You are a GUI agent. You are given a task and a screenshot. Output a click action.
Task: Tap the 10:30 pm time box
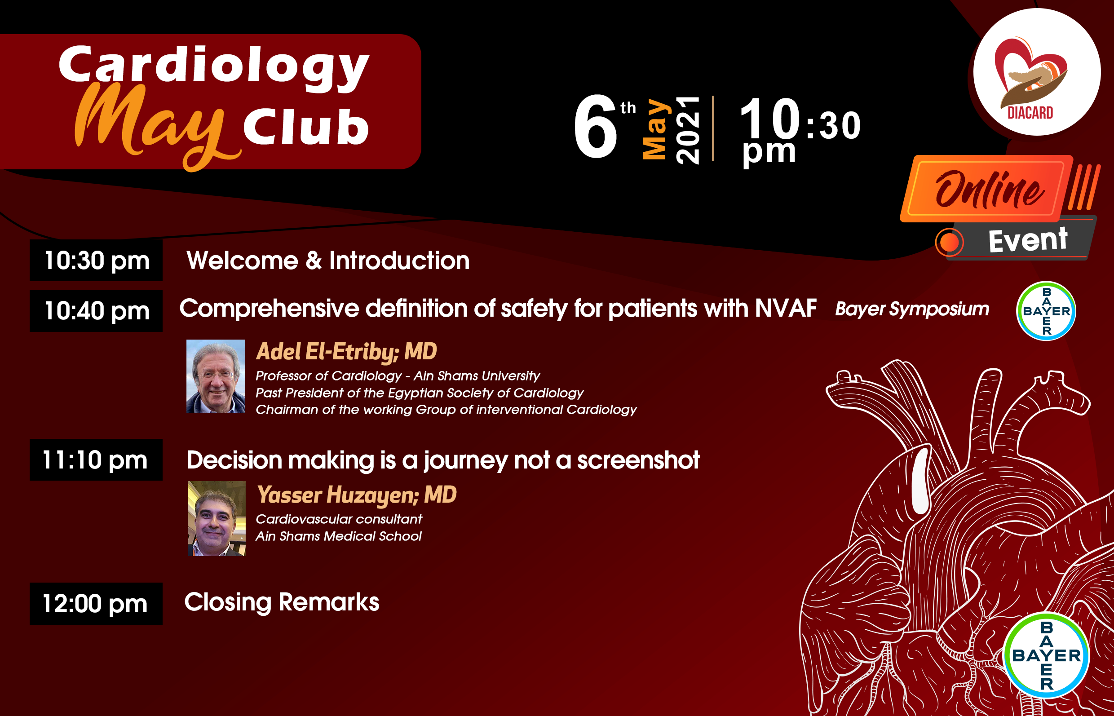pyautogui.click(x=96, y=261)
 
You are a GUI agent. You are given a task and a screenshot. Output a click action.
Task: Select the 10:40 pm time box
pyautogui.click(x=96, y=310)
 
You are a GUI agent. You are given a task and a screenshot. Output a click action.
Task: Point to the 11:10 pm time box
pyautogui.click(x=96, y=460)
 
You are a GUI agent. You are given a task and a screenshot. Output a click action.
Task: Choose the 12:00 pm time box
pyautogui.click(x=96, y=604)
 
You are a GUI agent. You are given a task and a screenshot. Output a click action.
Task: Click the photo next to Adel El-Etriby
pyautogui.click(x=216, y=376)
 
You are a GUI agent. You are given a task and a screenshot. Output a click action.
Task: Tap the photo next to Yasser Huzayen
pyautogui.click(x=217, y=518)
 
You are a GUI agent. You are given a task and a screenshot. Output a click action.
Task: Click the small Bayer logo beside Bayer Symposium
pyautogui.click(x=1046, y=311)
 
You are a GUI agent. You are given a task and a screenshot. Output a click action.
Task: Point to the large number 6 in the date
pyautogui.click(x=595, y=127)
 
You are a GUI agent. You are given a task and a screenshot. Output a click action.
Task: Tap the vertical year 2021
pyautogui.click(x=688, y=130)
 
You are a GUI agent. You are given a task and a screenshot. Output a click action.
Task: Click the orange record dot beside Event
pyautogui.click(x=950, y=242)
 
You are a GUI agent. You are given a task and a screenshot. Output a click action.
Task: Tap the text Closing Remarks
pyautogui.click(x=282, y=602)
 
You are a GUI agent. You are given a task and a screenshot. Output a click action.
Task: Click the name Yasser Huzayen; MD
pyautogui.click(x=357, y=495)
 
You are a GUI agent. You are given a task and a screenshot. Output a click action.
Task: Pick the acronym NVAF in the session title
pyautogui.click(x=786, y=308)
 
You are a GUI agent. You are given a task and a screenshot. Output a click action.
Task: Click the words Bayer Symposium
pyautogui.click(x=912, y=309)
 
